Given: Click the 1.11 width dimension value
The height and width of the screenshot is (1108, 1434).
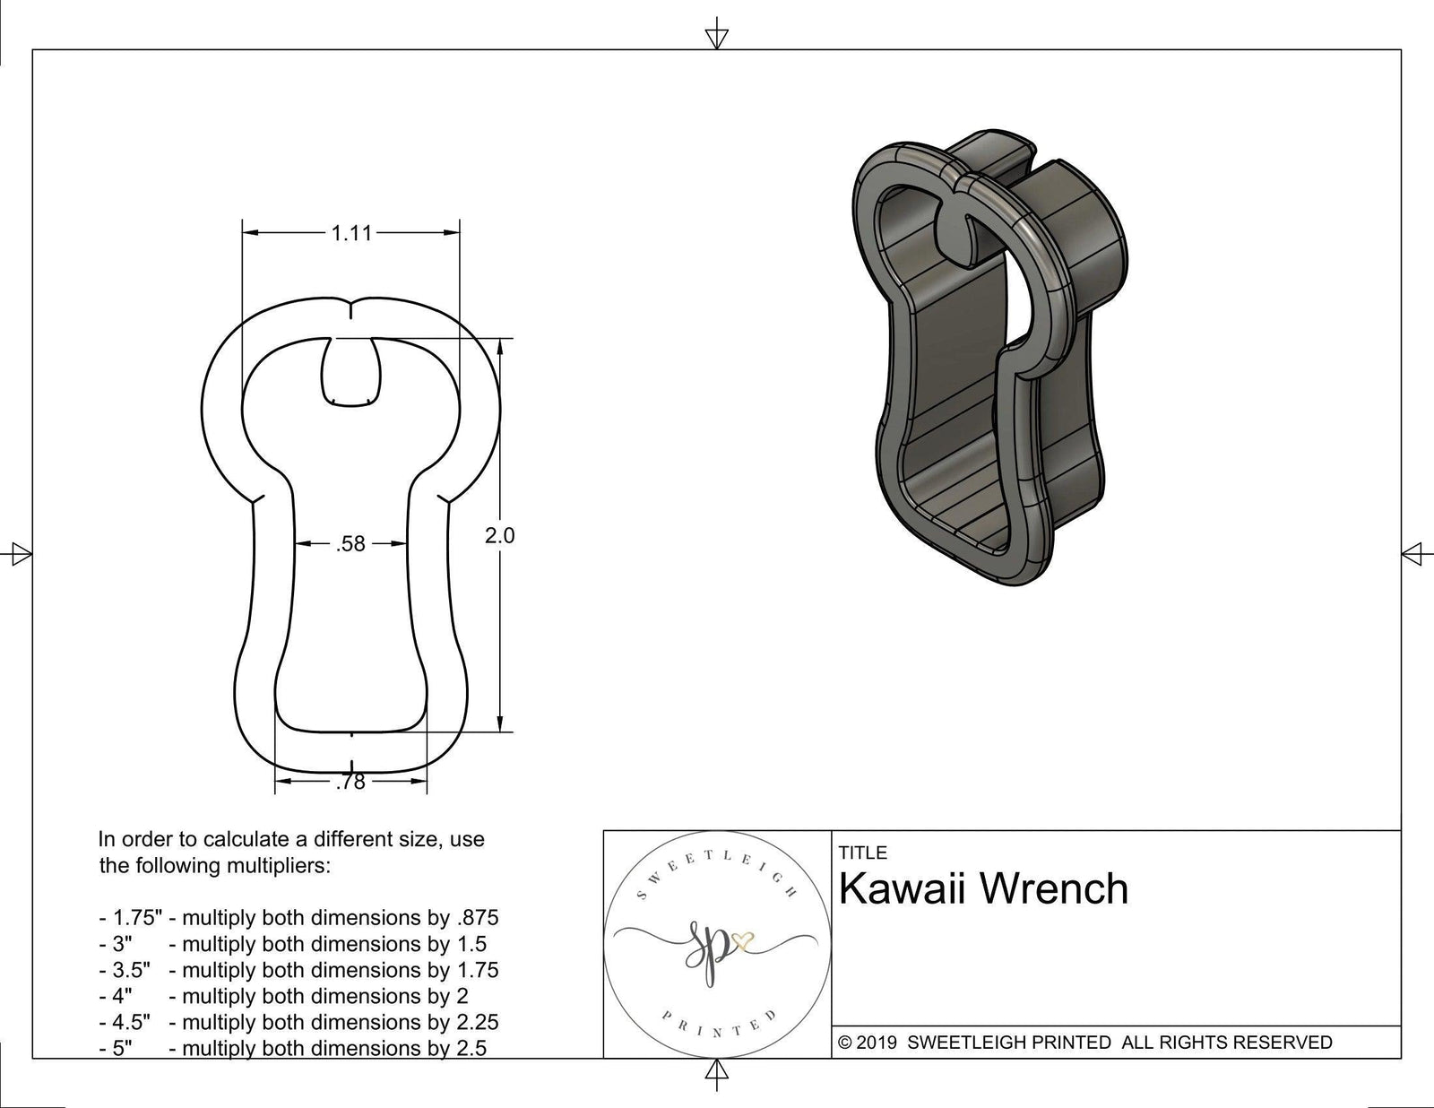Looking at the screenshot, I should click(350, 233).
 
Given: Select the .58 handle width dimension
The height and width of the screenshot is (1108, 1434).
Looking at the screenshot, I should click(350, 543).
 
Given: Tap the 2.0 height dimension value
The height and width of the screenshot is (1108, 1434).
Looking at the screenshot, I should click(499, 535).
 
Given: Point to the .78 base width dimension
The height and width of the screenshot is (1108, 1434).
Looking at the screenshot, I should click(350, 783).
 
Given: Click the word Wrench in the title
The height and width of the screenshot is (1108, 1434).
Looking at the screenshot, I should click(1054, 889).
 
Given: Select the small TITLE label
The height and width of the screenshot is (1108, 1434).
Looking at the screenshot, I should click(862, 853).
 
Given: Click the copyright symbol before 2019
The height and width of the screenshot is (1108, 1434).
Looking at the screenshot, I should click(844, 1043).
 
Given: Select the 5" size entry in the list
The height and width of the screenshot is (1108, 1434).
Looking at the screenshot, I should click(122, 1048).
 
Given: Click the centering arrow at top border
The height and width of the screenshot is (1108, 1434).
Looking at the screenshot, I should click(716, 37).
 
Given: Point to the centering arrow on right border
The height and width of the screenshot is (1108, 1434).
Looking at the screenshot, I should click(1412, 554).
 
